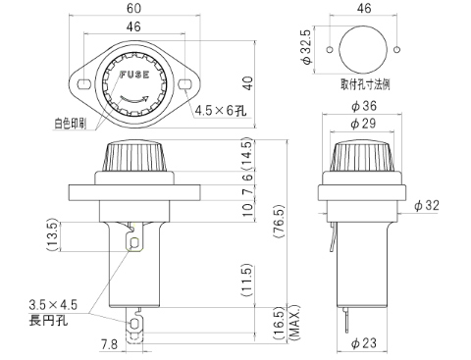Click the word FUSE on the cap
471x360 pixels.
[134, 75]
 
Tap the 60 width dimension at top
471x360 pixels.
[133, 8]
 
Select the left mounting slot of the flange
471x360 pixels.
[83, 84]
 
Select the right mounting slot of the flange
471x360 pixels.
[184, 84]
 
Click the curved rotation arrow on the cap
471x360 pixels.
[134, 99]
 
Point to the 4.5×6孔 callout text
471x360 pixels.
[220, 111]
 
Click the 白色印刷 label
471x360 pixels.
[71, 124]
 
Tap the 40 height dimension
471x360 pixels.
[248, 83]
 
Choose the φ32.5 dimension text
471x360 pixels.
[307, 47]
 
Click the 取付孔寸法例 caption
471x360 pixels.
[365, 84]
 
